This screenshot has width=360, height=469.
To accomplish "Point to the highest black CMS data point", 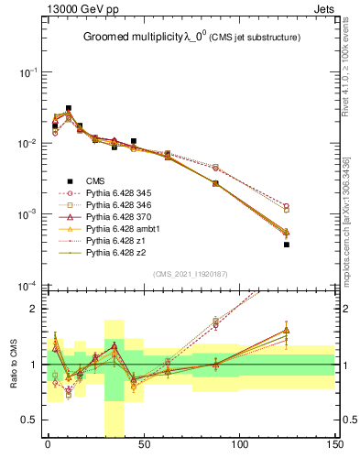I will [x=69, y=108].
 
